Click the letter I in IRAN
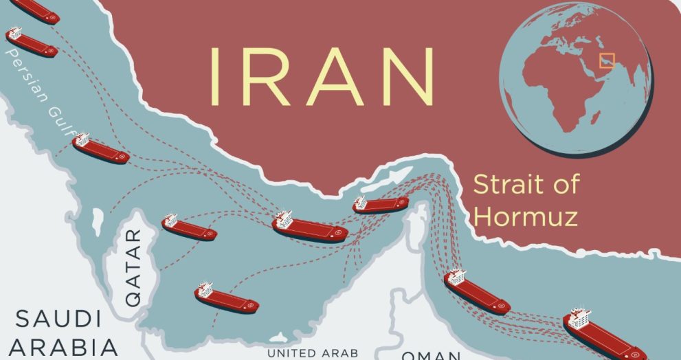[x=215, y=76]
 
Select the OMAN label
[x=431, y=355]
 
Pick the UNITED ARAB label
[x=313, y=353]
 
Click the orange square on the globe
[x=606, y=60]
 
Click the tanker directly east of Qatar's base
[x=226, y=298]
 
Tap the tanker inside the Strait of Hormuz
[x=381, y=204]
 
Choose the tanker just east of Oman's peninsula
[x=477, y=292]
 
